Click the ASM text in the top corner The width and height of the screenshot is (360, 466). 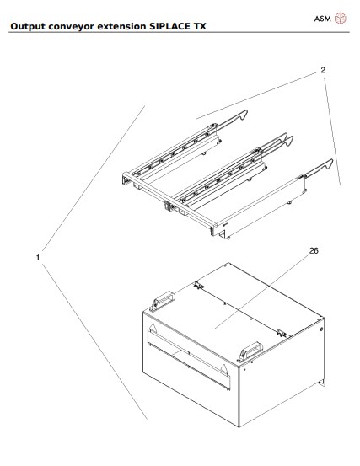coord(324,18)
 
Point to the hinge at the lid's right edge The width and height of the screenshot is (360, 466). coord(281,329)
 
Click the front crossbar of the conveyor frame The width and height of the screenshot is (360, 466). coord(169,203)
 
